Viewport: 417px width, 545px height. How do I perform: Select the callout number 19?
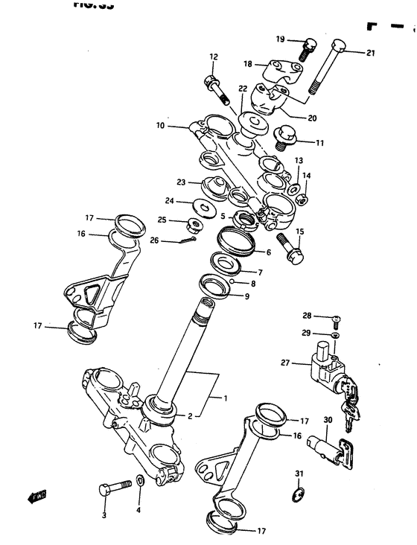280,39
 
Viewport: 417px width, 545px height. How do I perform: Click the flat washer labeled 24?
201,205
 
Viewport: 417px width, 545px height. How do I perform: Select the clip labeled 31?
298,495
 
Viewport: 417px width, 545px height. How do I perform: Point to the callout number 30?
328,421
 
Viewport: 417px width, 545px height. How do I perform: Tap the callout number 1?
224,397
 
